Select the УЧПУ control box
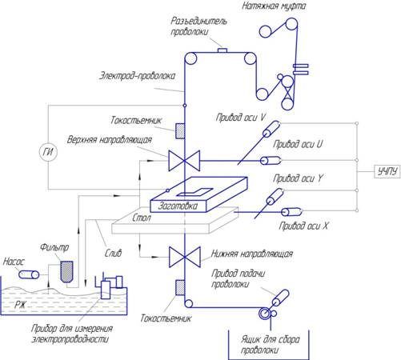(x=387, y=171)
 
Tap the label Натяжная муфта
(x=274, y=6)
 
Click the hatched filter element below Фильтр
(x=66, y=271)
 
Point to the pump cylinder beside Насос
(x=29, y=274)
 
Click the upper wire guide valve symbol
(x=184, y=161)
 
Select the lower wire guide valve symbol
(x=184, y=257)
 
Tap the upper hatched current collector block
(x=180, y=131)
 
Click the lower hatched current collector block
(x=180, y=287)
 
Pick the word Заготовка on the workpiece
(x=178, y=206)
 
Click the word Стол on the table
(x=142, y=218)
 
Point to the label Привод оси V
(x=240, y=118)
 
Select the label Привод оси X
(x=303, y=226)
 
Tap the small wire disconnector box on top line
(x=223, y=50)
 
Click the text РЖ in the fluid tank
(x=20, y=304)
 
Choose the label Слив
(x=113, y=253)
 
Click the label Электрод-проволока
(x=138, y=76)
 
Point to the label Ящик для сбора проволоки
(x=270, y=345)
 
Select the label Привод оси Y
(x=298, y=178)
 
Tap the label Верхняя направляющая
(x=110, y=140)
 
